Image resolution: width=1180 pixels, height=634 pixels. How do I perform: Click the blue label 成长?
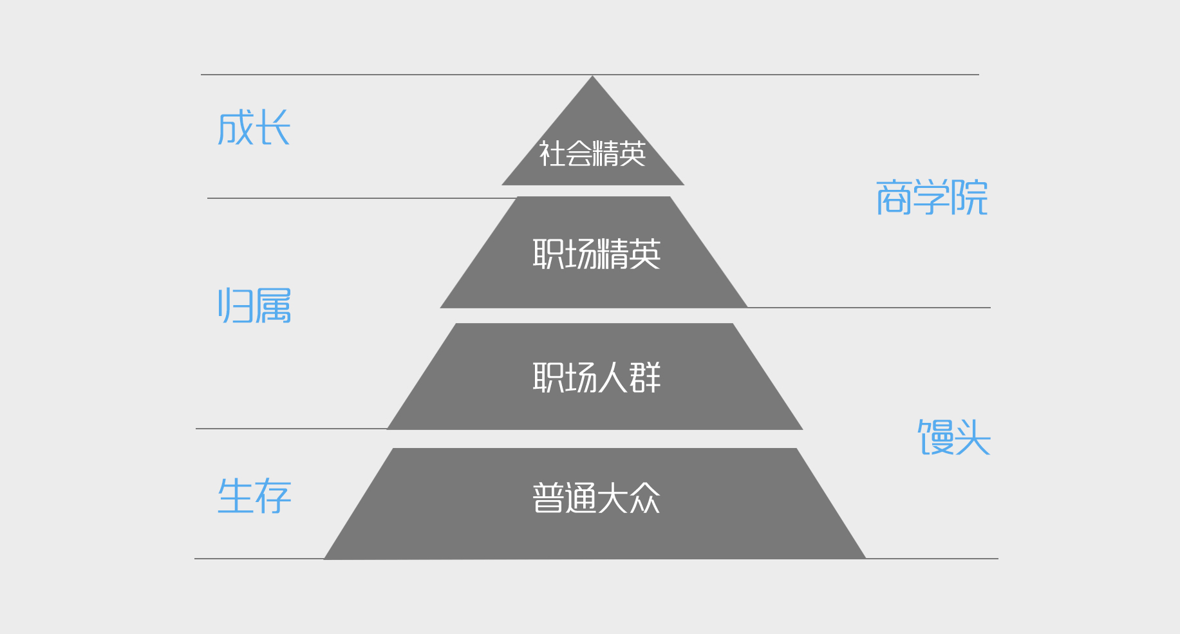pyautogui.click(x=254, y=127)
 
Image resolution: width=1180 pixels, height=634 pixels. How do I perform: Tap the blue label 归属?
pyautogui.click(x=254, y=305)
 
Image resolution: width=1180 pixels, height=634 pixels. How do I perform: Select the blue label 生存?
pyautogui.click(x=254, y=496)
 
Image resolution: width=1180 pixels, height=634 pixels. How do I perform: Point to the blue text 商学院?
pyautogui.click(x=932, y=197)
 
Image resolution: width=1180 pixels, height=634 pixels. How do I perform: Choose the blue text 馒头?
pyautogui.click(x=954, y=437)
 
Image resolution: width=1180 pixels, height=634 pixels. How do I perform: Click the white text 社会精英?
pyautogui.click(x=592, y=154)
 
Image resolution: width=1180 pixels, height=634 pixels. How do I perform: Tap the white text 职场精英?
pyautogui.click(x=597, y=254)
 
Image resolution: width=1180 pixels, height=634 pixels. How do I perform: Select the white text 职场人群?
pyautogui.click(x=597, y=377)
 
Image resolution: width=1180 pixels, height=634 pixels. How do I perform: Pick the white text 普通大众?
pyautogui.click(x=597, y=498)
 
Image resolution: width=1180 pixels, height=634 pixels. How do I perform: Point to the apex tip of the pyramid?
pyautogui.click(x=592, y=76)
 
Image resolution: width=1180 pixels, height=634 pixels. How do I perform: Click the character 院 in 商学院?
pyautogui.click(x=969, y=197)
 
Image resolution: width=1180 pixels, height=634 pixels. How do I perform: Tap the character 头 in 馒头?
pyautogui.click(x=973, y=437)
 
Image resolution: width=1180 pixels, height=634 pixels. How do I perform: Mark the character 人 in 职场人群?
pyautogui.click(x=612, y=377)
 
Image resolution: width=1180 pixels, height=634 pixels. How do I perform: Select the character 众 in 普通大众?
pyautogui.click(x=645, y=498)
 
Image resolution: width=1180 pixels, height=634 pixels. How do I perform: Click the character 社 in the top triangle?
pyautogui.click(x=552, y=154)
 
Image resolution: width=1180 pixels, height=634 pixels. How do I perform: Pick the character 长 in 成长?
pyautogui.click(x=273, y=127)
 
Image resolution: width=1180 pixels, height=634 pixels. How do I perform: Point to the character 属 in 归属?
pyautogui.click(x=273, y=305)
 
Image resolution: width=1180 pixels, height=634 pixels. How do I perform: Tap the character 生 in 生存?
pyautogui.click(x=236, y=496)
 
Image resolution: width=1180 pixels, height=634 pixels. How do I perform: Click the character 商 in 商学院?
pyautogui.click(x=894, y=197)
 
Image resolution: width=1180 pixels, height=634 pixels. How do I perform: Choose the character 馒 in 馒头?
pyautogui.click(x=935, y=437)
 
